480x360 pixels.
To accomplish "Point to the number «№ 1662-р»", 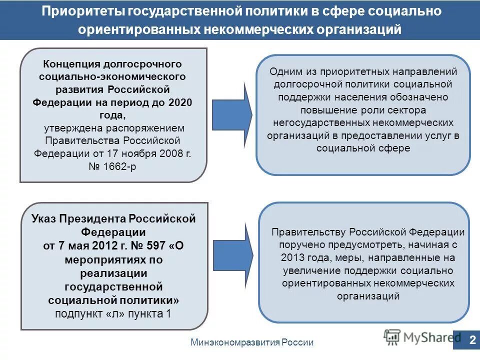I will pos(112,166).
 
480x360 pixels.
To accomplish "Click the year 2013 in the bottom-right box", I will pos(292,258).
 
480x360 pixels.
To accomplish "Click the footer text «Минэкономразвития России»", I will pos(252,342).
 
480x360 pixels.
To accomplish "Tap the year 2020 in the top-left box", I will pos(180,102).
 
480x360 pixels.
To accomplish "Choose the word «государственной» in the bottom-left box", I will pos(114,286).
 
